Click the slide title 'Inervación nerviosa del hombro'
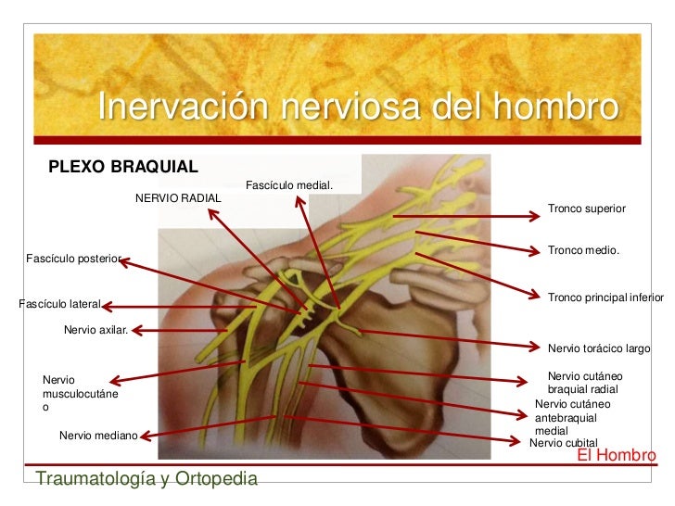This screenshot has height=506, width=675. [x=357, y=108]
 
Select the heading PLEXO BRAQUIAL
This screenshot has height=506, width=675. [x=123, y=167]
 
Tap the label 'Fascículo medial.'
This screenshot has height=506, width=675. [x=289, y=186]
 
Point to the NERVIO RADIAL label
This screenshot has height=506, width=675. [x=178, y=198]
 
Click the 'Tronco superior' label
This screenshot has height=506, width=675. [x=587, y=209]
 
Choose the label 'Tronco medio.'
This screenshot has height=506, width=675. [x=583, y=251]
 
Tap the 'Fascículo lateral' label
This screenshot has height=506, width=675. [x=60, y=304]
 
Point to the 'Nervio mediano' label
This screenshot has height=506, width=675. [x=97, y=435]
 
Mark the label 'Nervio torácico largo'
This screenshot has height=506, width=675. [x=599, y=348]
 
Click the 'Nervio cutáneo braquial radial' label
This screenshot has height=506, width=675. [x=584, y=383]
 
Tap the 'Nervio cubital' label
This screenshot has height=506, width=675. [x=563, y=443]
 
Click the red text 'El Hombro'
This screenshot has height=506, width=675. [x=616, y=456]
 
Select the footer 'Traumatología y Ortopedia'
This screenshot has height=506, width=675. [x=146, y=478]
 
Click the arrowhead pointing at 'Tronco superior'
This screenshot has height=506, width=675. [x=535, y=217]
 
